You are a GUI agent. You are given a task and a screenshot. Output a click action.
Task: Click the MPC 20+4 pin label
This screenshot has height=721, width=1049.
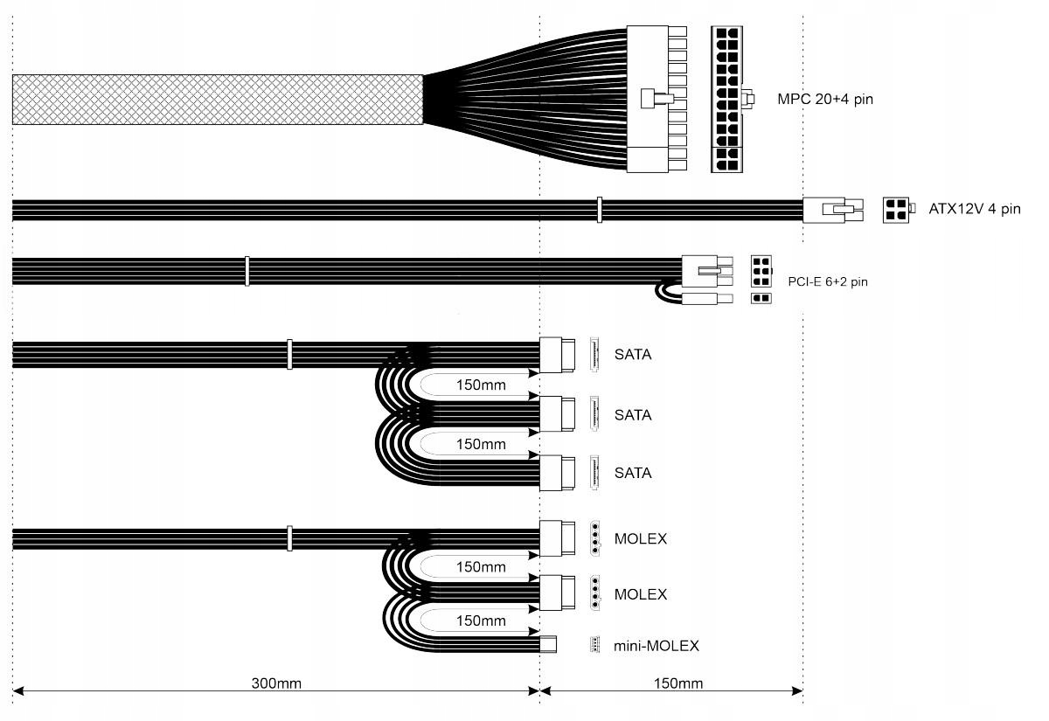(x=824, y=100)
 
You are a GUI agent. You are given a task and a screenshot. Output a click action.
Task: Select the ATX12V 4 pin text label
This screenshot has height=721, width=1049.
(x=974, y=209)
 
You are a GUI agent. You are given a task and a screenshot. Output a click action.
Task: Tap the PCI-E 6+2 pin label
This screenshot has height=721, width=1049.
(x=828, y=281)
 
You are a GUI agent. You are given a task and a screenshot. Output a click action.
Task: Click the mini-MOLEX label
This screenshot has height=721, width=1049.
(x=656, y=647)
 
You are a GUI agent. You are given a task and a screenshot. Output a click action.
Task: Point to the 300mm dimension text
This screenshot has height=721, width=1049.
(x=276, y=683)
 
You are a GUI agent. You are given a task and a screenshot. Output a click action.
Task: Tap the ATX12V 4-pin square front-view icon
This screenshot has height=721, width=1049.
(x=896, y=210)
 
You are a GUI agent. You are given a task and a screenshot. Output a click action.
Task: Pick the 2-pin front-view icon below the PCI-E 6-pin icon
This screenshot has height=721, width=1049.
(x=761, y=299)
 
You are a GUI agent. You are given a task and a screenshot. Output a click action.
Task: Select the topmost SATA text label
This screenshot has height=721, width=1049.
(x=633, y=355)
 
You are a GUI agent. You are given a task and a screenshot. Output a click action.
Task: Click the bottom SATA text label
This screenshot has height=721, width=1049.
(x=633, y=473)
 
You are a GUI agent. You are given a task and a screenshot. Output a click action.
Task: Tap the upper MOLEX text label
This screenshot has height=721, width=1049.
(x=640, y=539)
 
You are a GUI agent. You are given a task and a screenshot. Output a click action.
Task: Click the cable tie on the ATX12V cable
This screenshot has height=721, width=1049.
(x=599, y=210)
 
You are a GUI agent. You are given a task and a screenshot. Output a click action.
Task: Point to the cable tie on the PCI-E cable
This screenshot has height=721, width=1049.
(x=247, y=271)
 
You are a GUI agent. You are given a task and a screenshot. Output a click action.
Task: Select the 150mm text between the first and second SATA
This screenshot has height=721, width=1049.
(x=481, y=385)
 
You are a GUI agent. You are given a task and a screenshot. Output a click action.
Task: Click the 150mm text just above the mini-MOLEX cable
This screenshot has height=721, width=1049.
(x=481, y=621)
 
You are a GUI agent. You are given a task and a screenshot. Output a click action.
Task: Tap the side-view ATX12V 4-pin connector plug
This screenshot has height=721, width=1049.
(x=832, y=210)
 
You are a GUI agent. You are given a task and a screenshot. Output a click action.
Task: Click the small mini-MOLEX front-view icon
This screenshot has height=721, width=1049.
(x=594, y=646)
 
